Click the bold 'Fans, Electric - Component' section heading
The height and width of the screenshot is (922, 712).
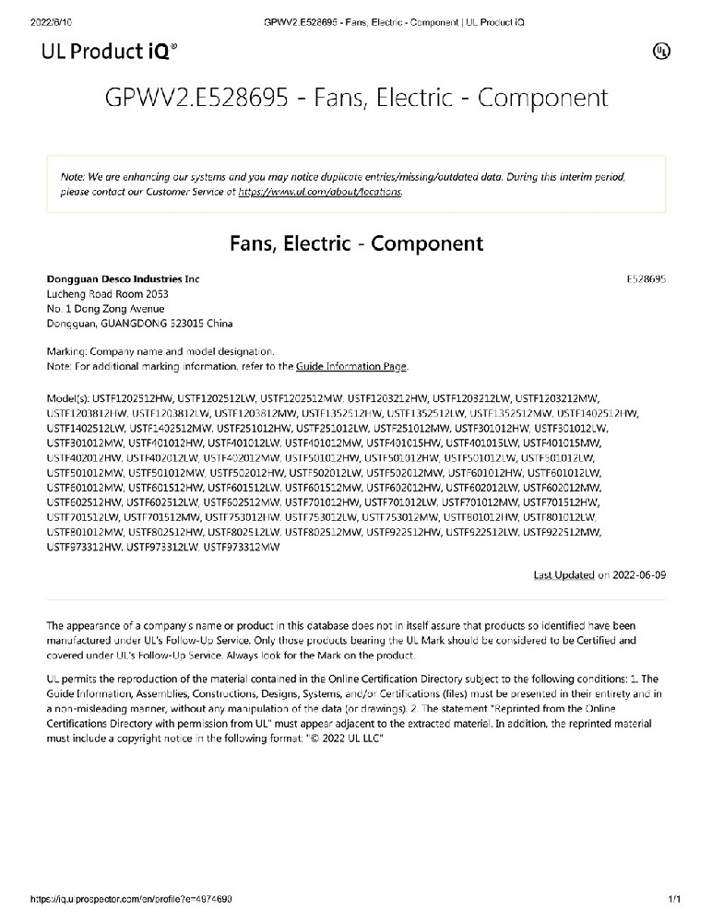[356, 243]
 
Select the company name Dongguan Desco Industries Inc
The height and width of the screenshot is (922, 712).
[123, 279]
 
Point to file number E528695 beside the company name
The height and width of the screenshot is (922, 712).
[646, 279]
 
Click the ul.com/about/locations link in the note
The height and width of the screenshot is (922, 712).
[320, 192]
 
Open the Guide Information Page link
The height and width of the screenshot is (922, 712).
[351, 367]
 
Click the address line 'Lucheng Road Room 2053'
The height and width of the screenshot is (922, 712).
[107, 294]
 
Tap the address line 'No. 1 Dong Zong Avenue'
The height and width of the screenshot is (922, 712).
[105, 309]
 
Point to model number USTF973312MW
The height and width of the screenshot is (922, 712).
[242, 547]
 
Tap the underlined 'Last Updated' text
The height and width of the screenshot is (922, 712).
[564, 574]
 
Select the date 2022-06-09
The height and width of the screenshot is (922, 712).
[639, 574]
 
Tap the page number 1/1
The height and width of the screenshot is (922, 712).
[674, 899]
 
